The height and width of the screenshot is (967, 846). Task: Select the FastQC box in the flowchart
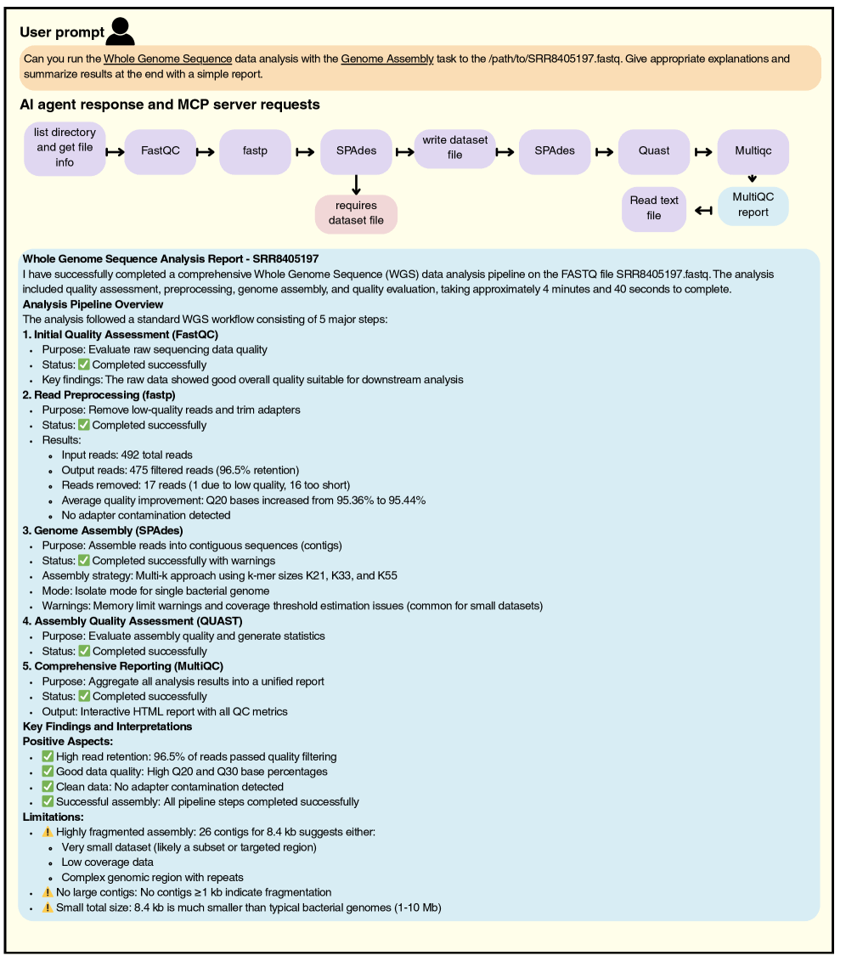161,151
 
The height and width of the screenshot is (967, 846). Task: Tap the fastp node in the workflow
255,151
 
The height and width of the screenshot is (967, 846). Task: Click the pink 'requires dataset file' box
356,213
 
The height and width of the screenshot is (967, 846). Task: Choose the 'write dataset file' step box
455,147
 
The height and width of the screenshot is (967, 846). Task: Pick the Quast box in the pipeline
653,151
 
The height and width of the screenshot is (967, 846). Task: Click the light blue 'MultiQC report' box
753,206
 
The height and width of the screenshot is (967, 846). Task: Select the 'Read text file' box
654,208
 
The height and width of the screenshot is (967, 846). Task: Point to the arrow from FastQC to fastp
206,152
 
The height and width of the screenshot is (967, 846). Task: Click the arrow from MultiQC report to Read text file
702,210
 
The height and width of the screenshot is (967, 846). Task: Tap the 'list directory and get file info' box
65,147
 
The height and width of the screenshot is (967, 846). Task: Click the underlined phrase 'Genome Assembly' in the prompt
387,59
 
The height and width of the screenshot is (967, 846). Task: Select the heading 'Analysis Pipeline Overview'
93,304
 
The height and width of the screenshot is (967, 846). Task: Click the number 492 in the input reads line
131,455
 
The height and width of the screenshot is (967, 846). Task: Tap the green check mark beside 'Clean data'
48,787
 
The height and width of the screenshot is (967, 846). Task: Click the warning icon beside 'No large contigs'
48,892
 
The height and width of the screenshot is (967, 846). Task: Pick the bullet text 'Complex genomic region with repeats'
153,877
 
